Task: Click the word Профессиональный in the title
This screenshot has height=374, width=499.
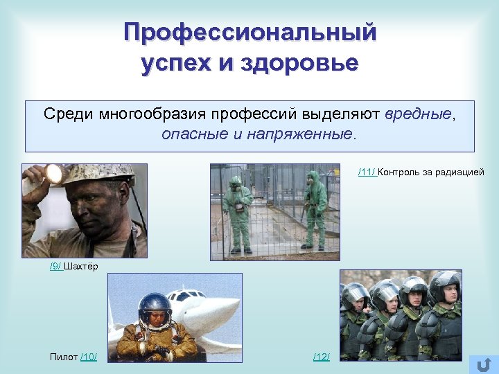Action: pyautogui.click(x=249, y=32)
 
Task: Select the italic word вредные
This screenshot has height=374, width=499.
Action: pyautogui.click(x=418, y=114)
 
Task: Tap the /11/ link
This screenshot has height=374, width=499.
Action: pyautogui.click(x=367, y=172)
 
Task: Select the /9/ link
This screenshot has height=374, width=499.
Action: pyautogui.click(x=56, y=267)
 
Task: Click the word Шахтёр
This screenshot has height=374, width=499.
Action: pyautogui.click(x=81, y=267)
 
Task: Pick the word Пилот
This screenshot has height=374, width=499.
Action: pyautogui.click(x=64, y=357)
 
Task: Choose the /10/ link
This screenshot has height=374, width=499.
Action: pyautogui.click(x=89, y=357)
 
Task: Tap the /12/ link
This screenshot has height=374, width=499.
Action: pyautogui.click(x=322, y=357)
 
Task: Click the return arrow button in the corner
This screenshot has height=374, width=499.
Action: pyautogui.click(x=483, y=364)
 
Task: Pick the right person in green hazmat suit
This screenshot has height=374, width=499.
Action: pyautogui.click(x=315, y=208)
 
